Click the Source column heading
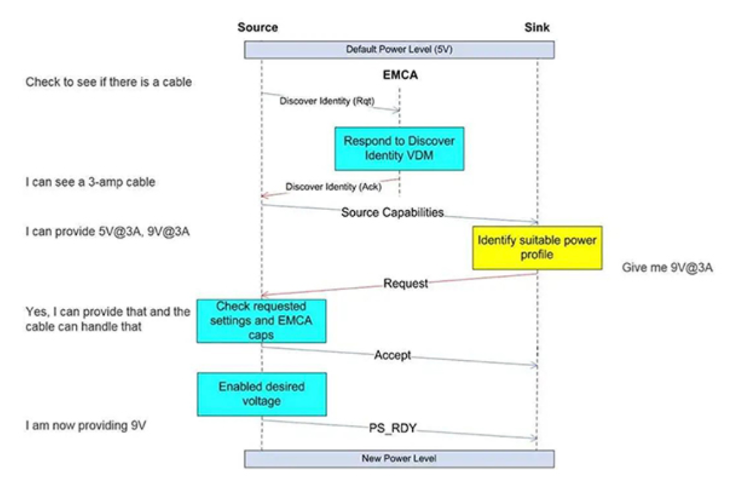coord(257,27)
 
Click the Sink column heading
coord(537,27)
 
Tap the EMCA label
coord(400,75)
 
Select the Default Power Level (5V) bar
coord(399,49)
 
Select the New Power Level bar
coord(399,458)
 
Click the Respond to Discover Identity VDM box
coord(399,148)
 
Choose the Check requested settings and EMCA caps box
coord(261,320)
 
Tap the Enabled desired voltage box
coord(261,394)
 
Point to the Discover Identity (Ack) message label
coord(333,187)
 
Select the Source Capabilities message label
coord(392,213)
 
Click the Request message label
coord(406,284)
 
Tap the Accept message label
coord(392,356)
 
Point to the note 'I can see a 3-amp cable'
coord(90,181)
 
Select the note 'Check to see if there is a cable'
coord(109,82)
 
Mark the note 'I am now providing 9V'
coord(85,424)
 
